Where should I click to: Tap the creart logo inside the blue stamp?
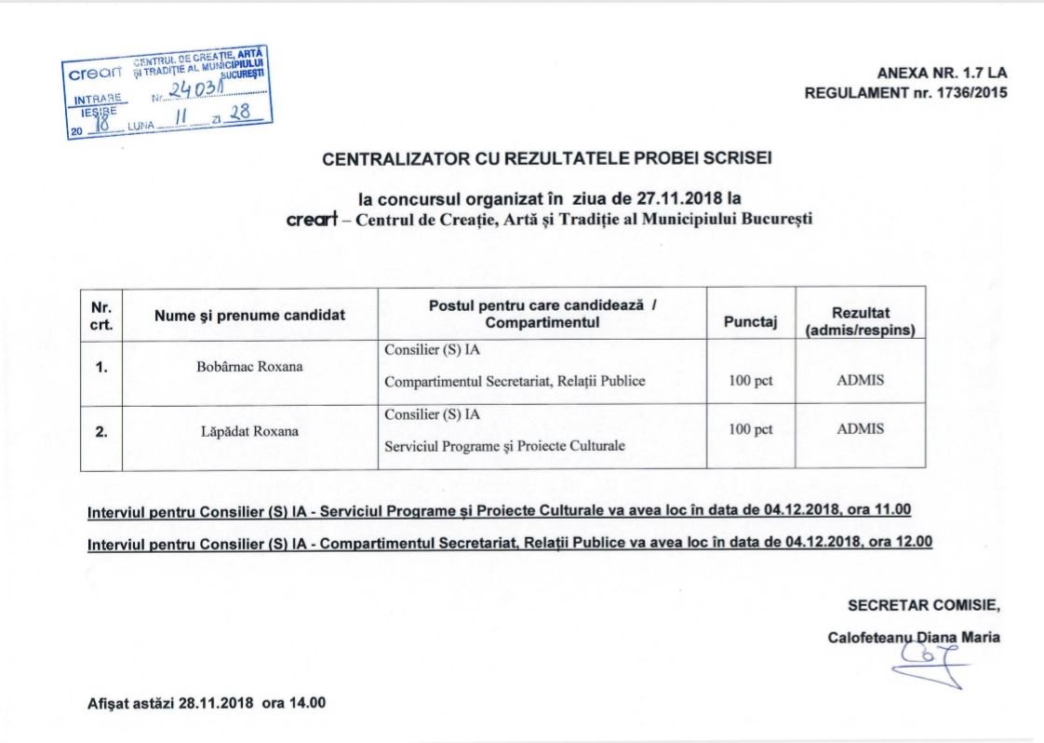pos(91,73)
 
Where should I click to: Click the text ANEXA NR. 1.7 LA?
pos(942,73)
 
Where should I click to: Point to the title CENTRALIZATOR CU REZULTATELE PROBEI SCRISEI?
pos(546,159)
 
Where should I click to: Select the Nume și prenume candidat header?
pos(249,315)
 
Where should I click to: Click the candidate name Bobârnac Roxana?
pos(249,366)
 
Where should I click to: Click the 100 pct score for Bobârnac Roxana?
pos(751,380)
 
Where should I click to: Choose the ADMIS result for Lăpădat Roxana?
pos(860,429)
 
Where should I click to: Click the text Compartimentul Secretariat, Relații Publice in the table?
pos(515,381)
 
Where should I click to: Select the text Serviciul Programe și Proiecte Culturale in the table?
pos(504,446)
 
